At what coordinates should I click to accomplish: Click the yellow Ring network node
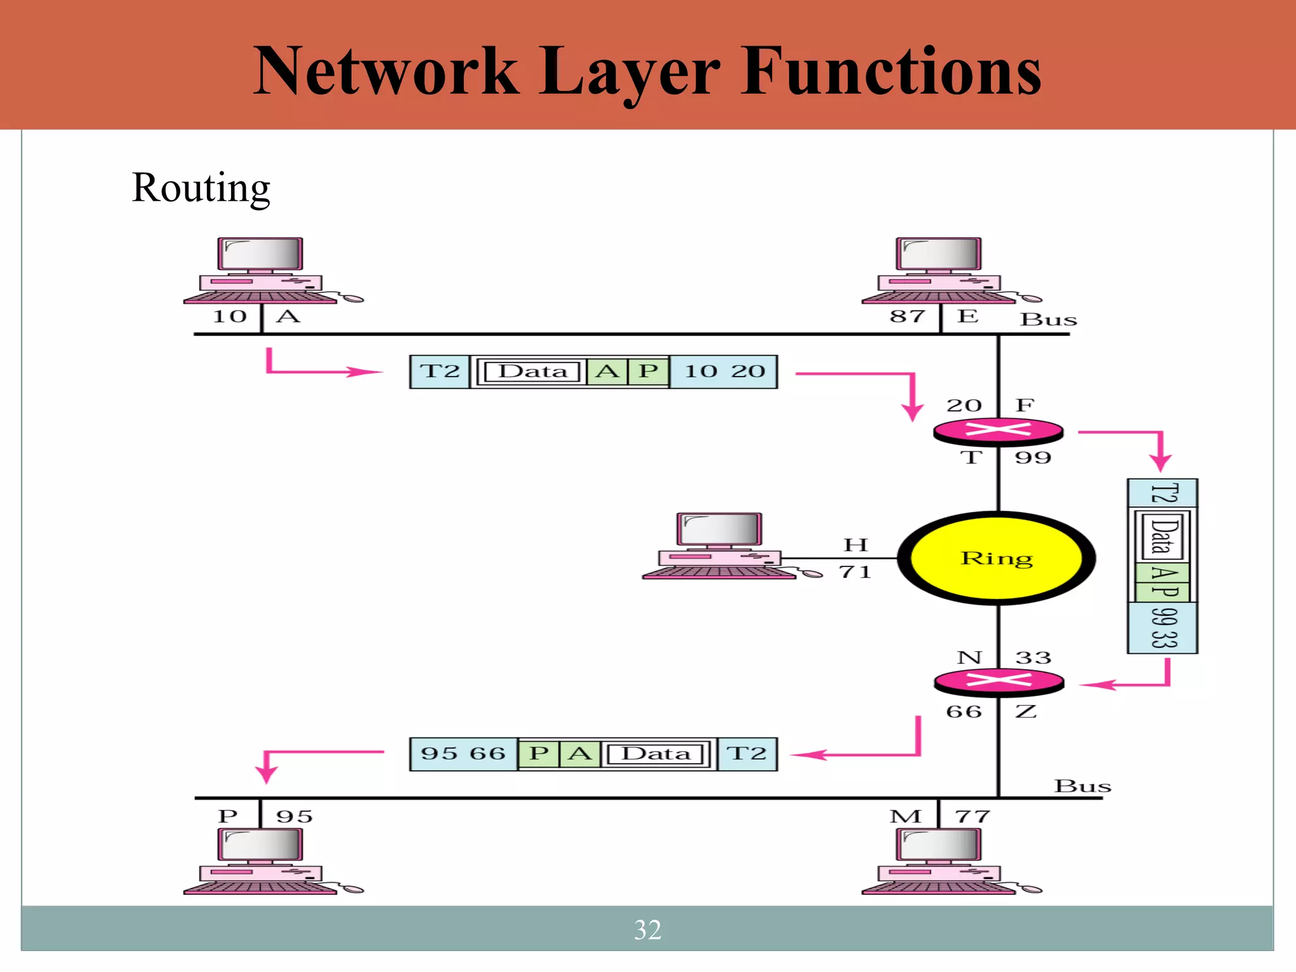point(997,558)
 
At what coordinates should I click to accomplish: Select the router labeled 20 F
point(999,431)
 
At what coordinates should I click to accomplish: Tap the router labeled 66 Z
point(999,681)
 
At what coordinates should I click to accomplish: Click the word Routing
point(201,188)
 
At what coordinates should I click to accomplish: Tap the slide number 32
point(647,930)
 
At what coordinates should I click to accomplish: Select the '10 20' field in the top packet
point(724,371)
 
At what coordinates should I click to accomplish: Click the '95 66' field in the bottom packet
point(463,754)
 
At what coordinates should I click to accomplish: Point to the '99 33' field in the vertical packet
point(1163,628)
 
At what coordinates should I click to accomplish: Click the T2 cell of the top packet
point(439,371)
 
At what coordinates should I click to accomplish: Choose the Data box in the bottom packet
point(656,754)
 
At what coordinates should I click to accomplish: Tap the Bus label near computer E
point(1048,320)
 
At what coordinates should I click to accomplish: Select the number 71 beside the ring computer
point(855,572)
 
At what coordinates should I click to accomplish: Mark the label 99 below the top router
point(1033,458)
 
